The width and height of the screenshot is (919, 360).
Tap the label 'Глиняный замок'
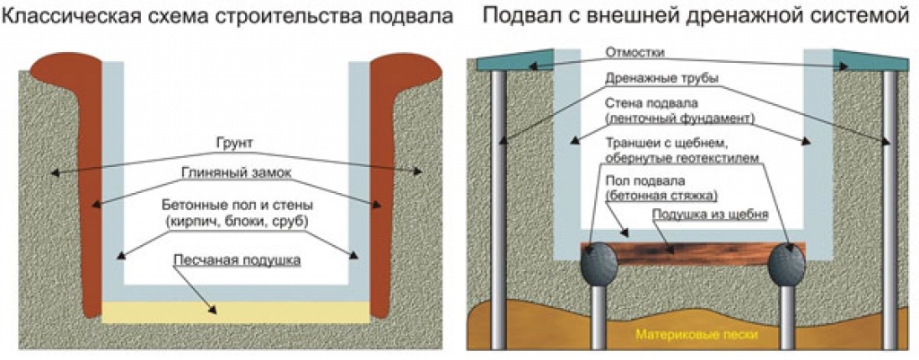coord(236,173)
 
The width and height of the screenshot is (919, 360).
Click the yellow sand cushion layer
coord(235,311)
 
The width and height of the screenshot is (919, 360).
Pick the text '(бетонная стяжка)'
coord(661,195)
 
